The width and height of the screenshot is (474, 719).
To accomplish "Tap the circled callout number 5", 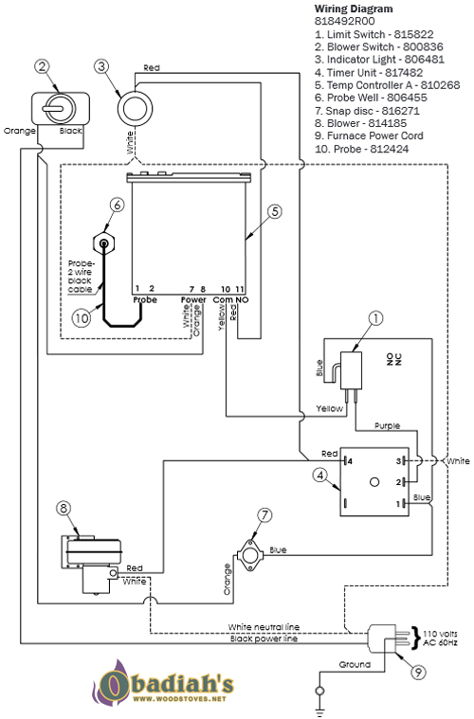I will pos(273,212).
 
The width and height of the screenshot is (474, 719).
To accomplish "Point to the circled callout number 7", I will pos(264,516).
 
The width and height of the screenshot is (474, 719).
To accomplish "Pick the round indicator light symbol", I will pos(137,108).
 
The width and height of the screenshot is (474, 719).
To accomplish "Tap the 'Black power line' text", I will pos(263,639).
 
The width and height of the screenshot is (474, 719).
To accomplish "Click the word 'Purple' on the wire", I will pos(389,426).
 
